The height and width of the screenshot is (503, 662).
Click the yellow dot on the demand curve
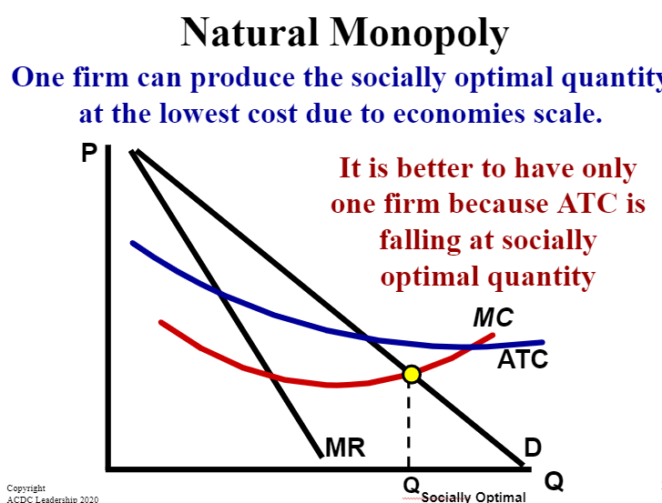pyautogui.click(x=412, y=374)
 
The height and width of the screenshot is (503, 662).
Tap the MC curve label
pyautogui.click(x=494, y=317)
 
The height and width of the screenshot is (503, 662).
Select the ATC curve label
pyautogui.click(x=523, y=359)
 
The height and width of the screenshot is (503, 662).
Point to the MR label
pyautogui.click(x=345, y=448)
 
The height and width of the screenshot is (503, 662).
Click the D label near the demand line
pyautogui.click(x=533, y=448)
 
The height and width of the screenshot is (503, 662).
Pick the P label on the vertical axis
pyautogui.click(x=89, y=153)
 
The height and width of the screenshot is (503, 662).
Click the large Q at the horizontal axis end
pyautogui.click(x=554, y=480)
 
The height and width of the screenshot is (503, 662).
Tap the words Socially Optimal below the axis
pyautogui.click(x=474, y=498)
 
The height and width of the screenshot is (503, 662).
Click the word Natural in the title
pyautogui.click(x=250, y=33)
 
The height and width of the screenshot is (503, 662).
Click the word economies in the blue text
pyautogui.click(x=460, y=114)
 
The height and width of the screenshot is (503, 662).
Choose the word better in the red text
pyautogui.click(x=436, y=168)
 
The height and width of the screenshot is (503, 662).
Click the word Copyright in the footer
pyautogui.click(x=26, y=488)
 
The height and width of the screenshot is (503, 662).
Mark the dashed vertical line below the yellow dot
pyautogui.click(x=409, y=424)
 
